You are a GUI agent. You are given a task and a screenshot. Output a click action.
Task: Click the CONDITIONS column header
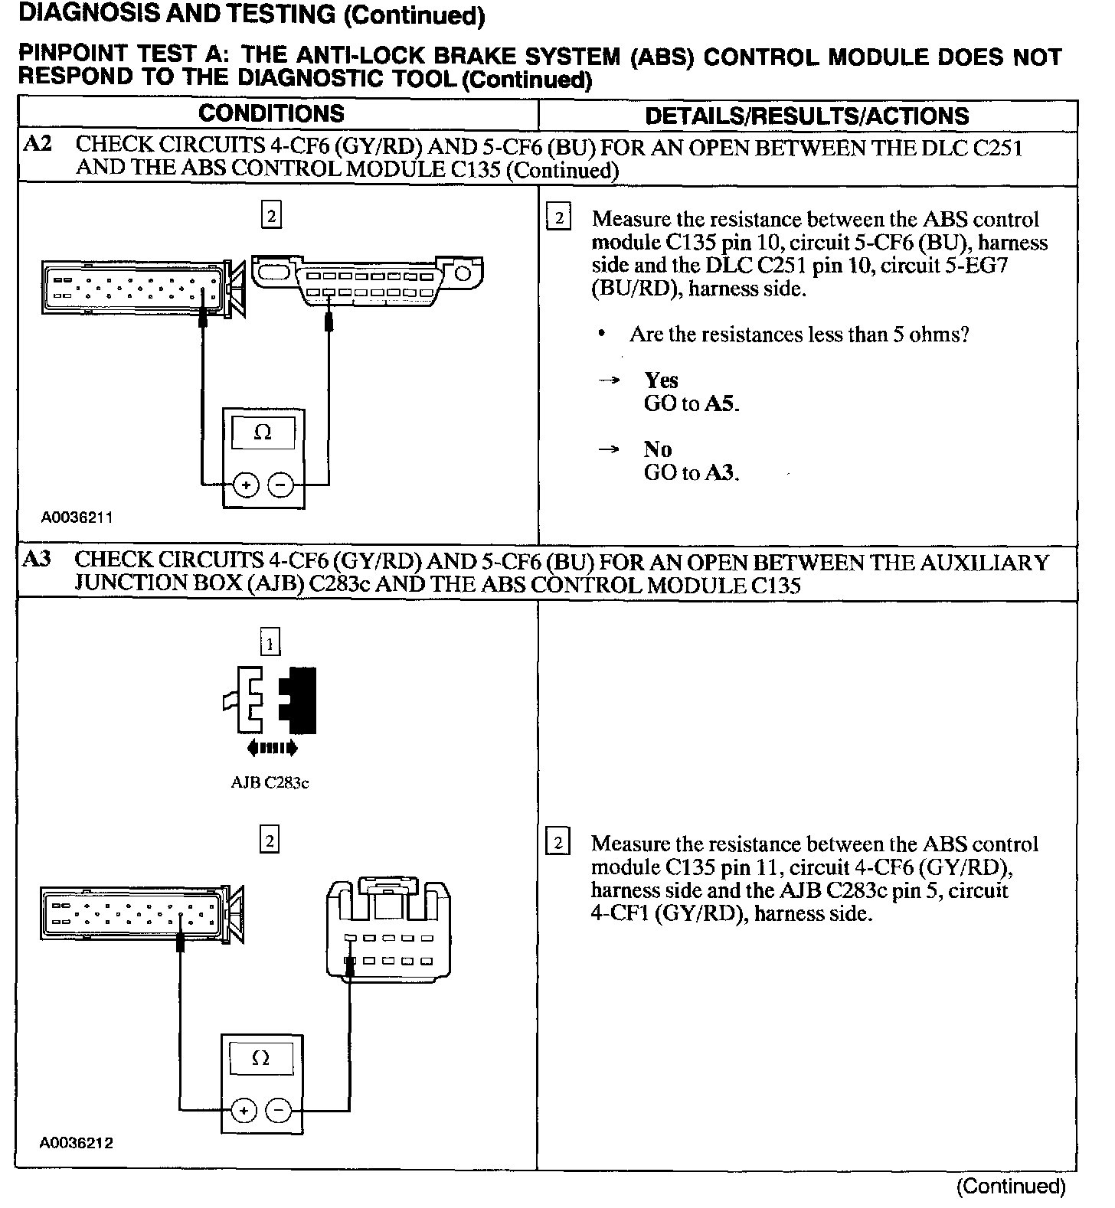pyautogui.click(x=271, y=114)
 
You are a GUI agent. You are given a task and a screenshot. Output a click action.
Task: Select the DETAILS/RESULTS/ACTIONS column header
pyautogui.click(x=806, y=116)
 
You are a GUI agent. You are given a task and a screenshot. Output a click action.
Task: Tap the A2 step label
pyautogui.click(x=38, y=145)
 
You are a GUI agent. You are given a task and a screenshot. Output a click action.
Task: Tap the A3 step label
pyautogui.click(x=38, y=560)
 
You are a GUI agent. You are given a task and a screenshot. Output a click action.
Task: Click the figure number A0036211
pyautogui.click(x=77, y=517)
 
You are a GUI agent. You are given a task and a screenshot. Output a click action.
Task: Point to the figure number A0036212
pyautogui.click(x=77, y=1144)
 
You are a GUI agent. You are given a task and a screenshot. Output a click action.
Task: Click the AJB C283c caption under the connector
pyautogui.click(x=270, y=783)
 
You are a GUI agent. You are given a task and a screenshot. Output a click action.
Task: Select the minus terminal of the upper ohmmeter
pyautogui.click(x=280, y=485)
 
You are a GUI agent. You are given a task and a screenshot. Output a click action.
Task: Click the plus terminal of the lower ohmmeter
pyautogui.click(x=244, y=1111)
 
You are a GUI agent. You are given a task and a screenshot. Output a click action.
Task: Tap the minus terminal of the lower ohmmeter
pyautogui.click(x=278, y=1111)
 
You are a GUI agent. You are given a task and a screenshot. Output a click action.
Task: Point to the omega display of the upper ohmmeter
pyautogui.click(x=263, y=433)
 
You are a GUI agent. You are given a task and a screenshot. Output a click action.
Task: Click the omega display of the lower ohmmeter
pyautogui.click(x=260, y=1059)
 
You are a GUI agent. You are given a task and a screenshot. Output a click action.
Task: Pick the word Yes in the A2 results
pyautogui.click(x=661, y=380)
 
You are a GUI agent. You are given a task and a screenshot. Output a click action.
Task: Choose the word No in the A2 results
pyautogui.click(x=657, y=449)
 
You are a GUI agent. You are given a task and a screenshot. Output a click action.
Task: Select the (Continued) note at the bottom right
pyautogui.click(x=1011, y=1187)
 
